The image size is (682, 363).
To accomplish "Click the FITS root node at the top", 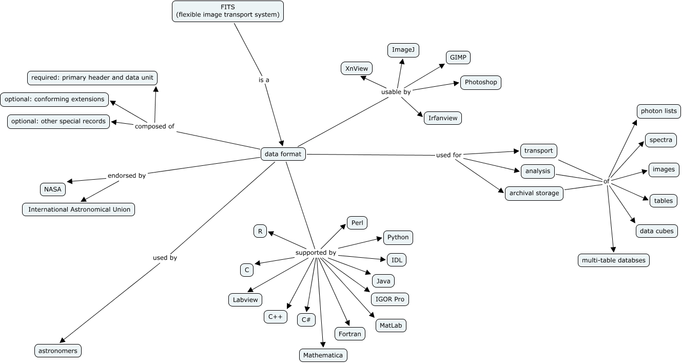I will pos(228,11).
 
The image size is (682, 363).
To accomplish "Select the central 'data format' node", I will pos(283,154).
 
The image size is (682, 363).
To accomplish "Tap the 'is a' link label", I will pos(264,80).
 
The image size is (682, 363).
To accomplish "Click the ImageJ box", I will pos(403,50).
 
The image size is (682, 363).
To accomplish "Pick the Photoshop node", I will pos(480,82).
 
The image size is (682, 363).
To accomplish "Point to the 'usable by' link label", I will pos(396,92).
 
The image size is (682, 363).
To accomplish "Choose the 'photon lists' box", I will pos(659,110).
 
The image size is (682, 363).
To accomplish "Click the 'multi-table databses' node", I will pos(614,260).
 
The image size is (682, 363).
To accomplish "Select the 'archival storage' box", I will pos(534,193).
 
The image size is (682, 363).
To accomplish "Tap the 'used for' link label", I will pos(449,155).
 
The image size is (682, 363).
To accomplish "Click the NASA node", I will pos(53,189).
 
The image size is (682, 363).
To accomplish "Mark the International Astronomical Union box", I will pos(79,209).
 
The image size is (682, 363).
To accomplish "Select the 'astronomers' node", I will pos(58,351).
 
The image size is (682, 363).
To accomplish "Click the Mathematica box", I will pos(323,355).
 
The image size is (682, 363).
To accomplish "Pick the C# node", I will pos(306,319).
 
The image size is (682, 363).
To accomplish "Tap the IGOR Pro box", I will pos(390,299).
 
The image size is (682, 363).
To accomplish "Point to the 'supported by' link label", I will pos(316,253).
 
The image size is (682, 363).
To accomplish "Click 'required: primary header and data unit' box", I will pos(92,78).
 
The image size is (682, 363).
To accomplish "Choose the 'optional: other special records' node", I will pos(58,121).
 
